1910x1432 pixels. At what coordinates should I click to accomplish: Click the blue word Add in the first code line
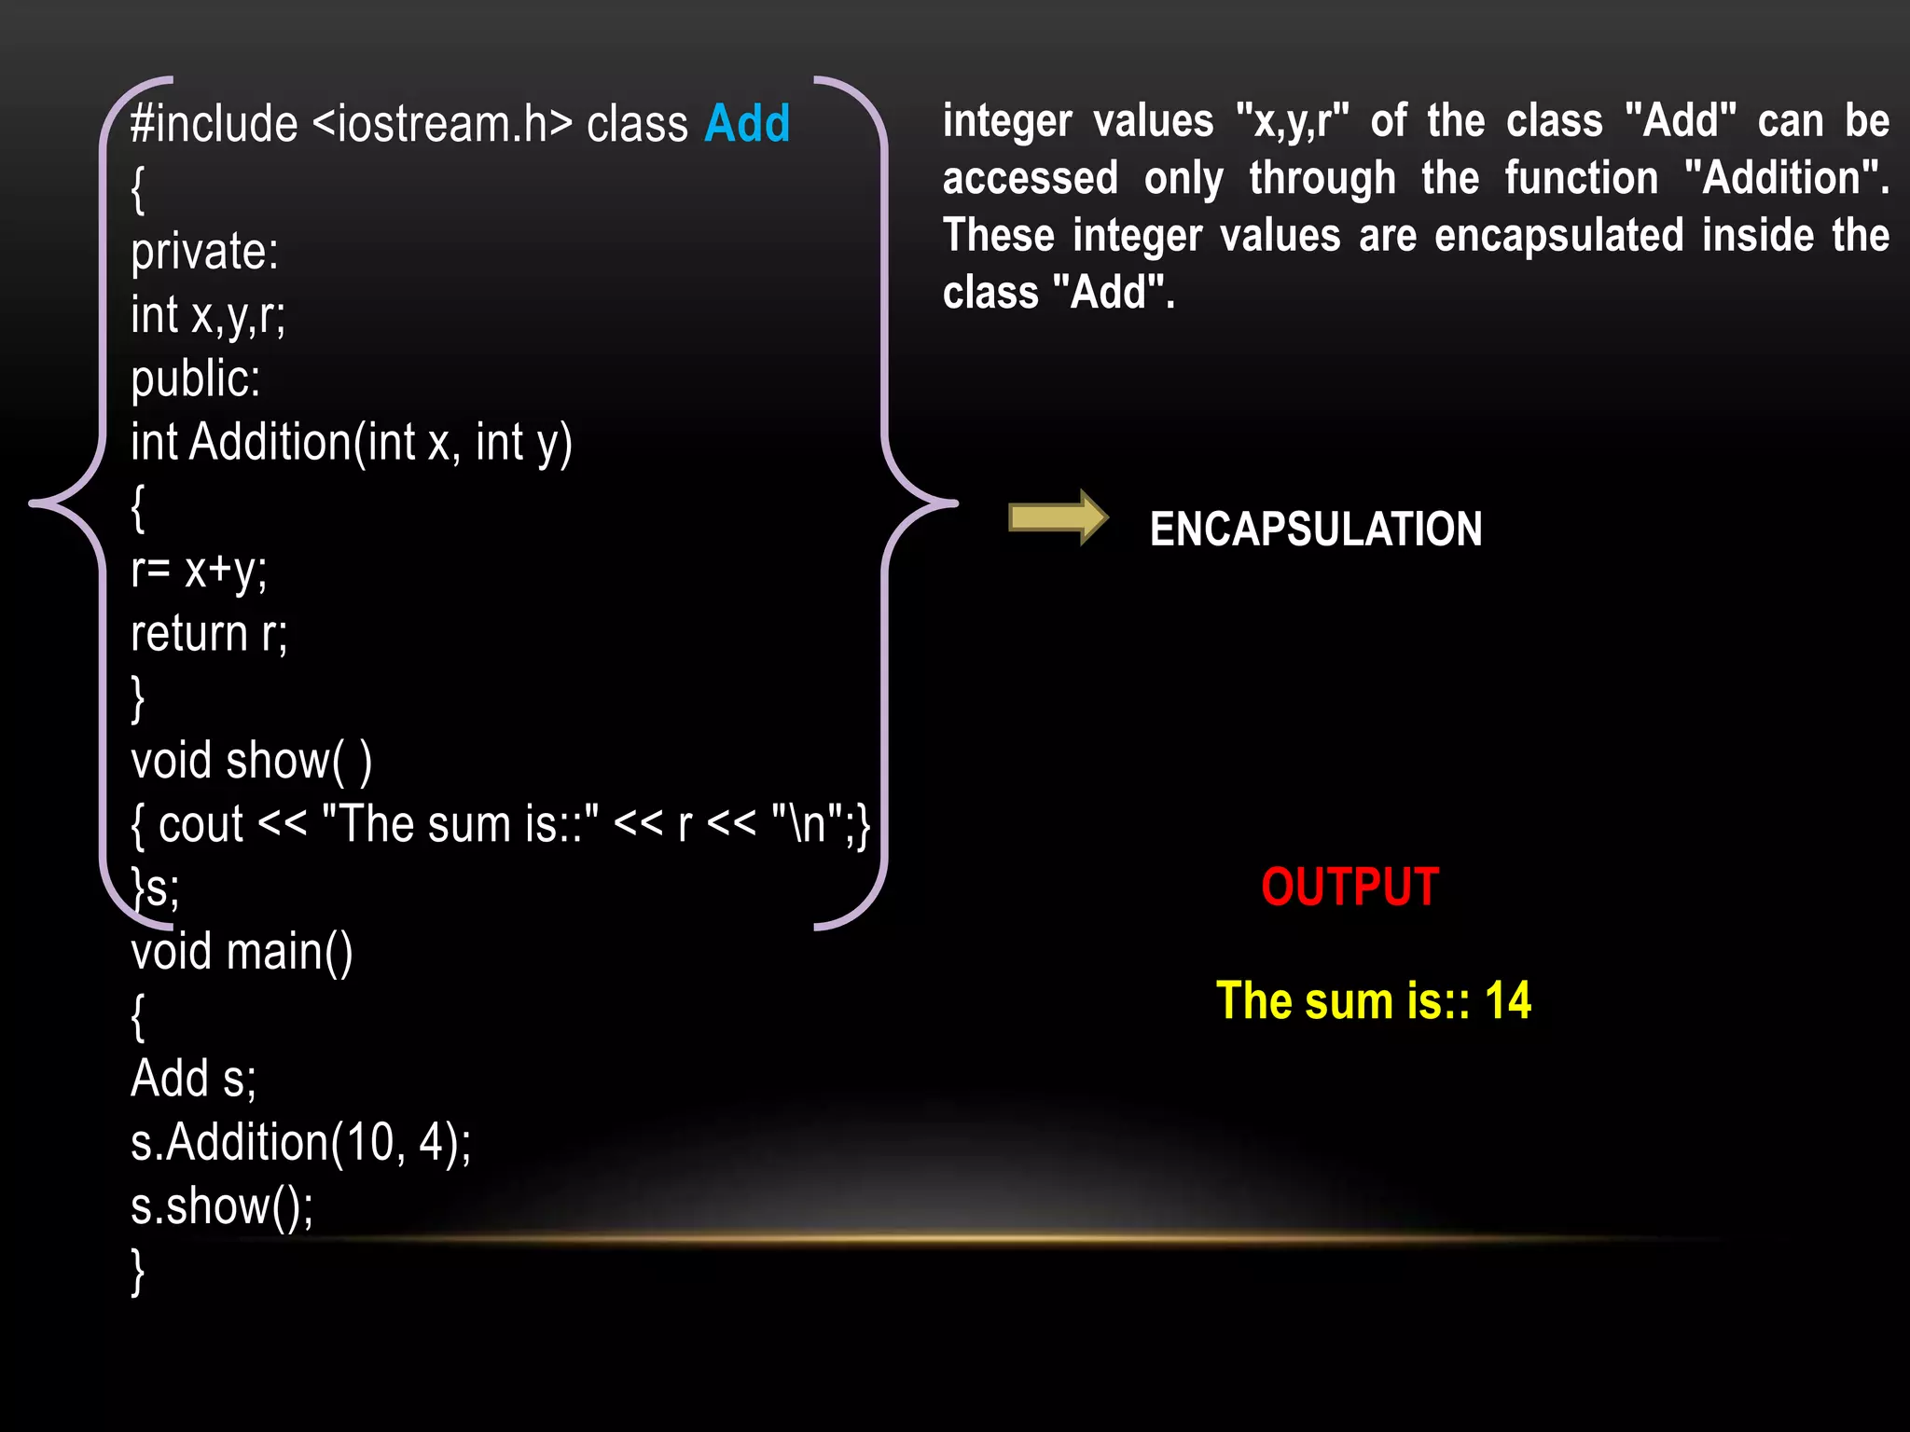point(747,124)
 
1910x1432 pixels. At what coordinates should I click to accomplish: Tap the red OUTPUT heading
point(1349,887)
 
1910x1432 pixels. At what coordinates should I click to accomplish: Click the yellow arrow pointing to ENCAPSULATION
point(1058,517)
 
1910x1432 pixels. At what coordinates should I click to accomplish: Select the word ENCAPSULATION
point(1315,530)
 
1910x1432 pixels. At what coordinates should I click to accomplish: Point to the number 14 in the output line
point(1507,1001)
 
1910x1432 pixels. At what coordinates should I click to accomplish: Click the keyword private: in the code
point(204,252)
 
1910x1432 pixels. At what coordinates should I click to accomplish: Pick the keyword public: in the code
point(196,379)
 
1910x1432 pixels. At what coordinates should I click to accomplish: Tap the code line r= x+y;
point(199,571)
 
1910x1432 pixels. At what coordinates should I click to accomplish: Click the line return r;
point(209,634)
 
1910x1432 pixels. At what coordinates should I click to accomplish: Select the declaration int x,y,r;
point(208,315)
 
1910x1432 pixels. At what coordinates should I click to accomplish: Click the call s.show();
point(222,1206)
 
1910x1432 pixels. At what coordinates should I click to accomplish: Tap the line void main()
point(242,952)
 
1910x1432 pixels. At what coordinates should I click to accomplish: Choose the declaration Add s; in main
point(193,1079)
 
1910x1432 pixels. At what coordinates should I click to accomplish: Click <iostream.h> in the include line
point(442,124)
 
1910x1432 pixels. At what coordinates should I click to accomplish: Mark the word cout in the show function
point(201,825)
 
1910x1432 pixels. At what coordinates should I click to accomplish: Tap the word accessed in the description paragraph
point(1030,178)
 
